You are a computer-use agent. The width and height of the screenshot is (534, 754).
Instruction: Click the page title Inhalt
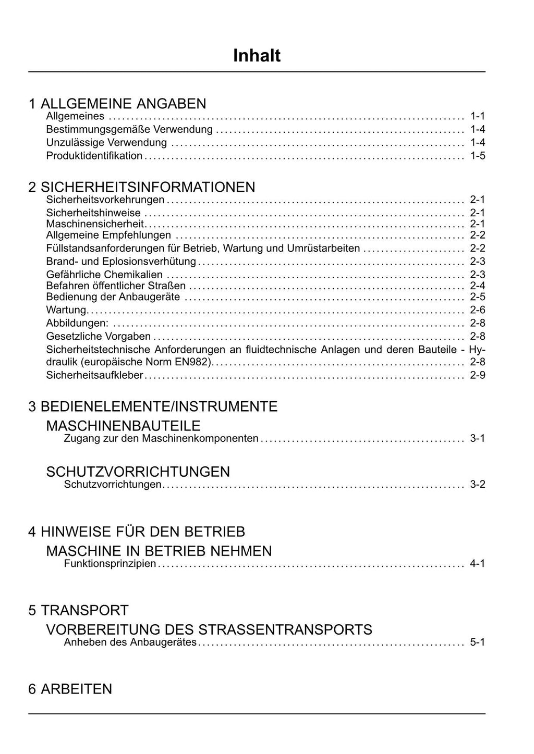tap(257, 56)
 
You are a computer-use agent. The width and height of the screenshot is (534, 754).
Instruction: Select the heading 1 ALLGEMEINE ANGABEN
tap(117, 104)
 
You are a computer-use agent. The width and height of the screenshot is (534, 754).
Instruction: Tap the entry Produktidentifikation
tap(94, 156)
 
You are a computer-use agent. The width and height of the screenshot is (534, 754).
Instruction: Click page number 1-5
tap(477, 156)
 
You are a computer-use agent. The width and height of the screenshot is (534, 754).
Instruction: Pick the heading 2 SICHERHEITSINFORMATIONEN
tap(142, 187)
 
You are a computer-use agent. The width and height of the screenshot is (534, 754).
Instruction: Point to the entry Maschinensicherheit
tap(95, 224)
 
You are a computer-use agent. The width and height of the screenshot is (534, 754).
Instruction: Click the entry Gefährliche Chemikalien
tap(104, 275)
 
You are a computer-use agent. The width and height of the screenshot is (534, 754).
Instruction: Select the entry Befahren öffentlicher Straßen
tap(116, 286)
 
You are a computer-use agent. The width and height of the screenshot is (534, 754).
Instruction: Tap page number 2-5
tap(477, 297)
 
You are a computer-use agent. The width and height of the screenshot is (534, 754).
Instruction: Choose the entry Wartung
tap(66, 311)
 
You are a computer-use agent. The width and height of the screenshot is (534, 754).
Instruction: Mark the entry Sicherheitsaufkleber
tap(94, 375)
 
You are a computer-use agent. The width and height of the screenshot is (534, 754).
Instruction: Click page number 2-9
tap(477, 375)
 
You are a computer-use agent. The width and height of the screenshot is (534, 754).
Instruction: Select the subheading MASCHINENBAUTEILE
tap(123, 426)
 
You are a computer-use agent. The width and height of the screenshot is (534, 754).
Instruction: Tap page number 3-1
tap(477, 438)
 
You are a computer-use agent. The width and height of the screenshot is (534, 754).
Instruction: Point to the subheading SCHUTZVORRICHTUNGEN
tap(138, 472)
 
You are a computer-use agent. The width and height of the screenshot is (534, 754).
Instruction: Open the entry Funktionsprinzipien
tap(110, 563)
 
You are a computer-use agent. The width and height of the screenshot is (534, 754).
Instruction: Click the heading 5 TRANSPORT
tap(78, 610)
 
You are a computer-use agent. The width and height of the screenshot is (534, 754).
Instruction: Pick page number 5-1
tap(477, 642)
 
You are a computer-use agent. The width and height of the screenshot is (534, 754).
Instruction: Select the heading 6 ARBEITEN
tap(70, 689)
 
